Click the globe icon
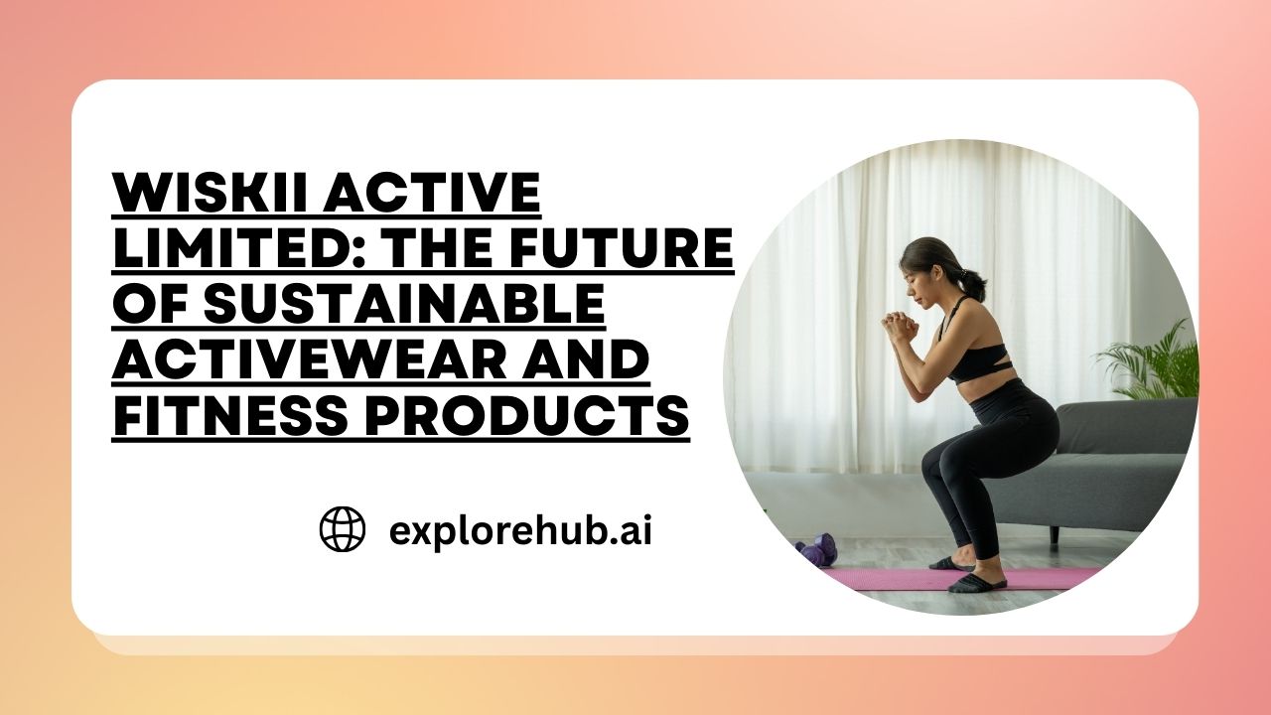coord(343,529)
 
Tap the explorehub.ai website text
coord(520,531)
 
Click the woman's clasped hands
coord(900,325)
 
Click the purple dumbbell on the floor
coord(816,550)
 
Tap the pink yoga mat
coord(959,578)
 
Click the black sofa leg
coord(1055,535)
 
